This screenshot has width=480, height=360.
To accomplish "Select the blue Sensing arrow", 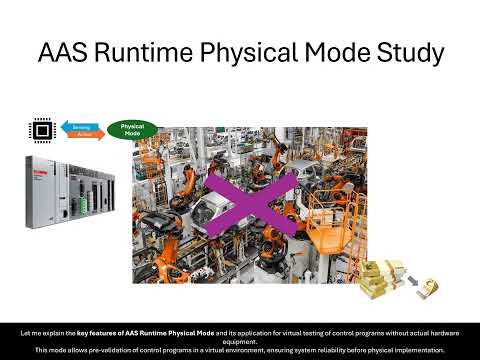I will tap(78, 126).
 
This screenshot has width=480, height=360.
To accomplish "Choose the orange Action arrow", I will tap(81, 136).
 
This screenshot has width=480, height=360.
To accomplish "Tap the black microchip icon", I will tap(40, 130).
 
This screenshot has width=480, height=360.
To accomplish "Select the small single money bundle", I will tap(429, 287).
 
